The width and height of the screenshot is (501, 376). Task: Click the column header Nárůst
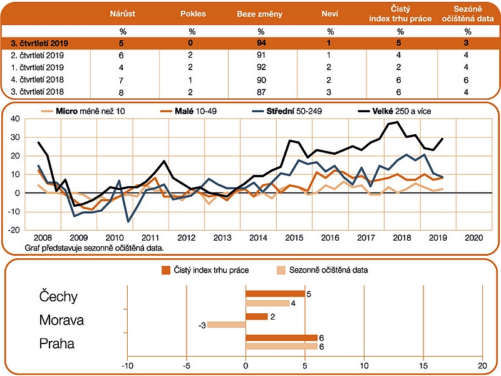pyautogui.click(x=122, y=14)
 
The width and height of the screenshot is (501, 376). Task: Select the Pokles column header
pyautogui.click(x=193, y=14)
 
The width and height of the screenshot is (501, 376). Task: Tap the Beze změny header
pyautogui.click(x=260, y=14)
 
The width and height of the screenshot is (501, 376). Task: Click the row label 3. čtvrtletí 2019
pyautogui.click(x=39, y=43)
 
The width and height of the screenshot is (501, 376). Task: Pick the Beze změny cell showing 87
pyautogui.click(x=261, y=92)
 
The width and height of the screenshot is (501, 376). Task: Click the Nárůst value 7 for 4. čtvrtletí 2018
pyautogui.click(x=121, y=80)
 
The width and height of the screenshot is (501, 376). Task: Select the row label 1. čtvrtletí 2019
pyautogui.click(x=37, y=68)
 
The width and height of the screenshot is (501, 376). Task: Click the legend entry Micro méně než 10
pyautogui.click(x=83, y=112)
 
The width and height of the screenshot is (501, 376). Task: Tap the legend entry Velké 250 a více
pyautogui.click(x=395, y=112)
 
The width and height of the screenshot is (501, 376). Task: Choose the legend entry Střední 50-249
pyautogui.click(x=287, y=112)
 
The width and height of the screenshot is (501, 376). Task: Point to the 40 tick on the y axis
pyautogui.click(x=15, y=119)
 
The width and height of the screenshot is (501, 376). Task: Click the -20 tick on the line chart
pyautogui.click(x=14, y=230)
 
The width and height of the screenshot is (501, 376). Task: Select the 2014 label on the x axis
pyautogui.click(x=258, y=238)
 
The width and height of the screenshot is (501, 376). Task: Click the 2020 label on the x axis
pyautogui.click(x=474, y=238)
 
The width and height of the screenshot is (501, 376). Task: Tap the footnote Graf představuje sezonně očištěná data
pyautogui.click(x=95, y=248)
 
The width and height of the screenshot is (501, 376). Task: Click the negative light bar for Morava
pyautogui.click(x=226, y=325)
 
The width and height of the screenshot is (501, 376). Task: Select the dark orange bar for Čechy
pyautogui.click(x=275, y=294)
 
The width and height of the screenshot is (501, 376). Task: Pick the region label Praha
pyautogui.click(x=57, y=343)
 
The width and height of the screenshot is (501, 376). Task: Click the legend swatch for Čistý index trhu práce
pyautogui.click(x=166, y=270)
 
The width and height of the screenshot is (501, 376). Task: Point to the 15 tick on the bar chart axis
pyautogui.click(x=423, y=366)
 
